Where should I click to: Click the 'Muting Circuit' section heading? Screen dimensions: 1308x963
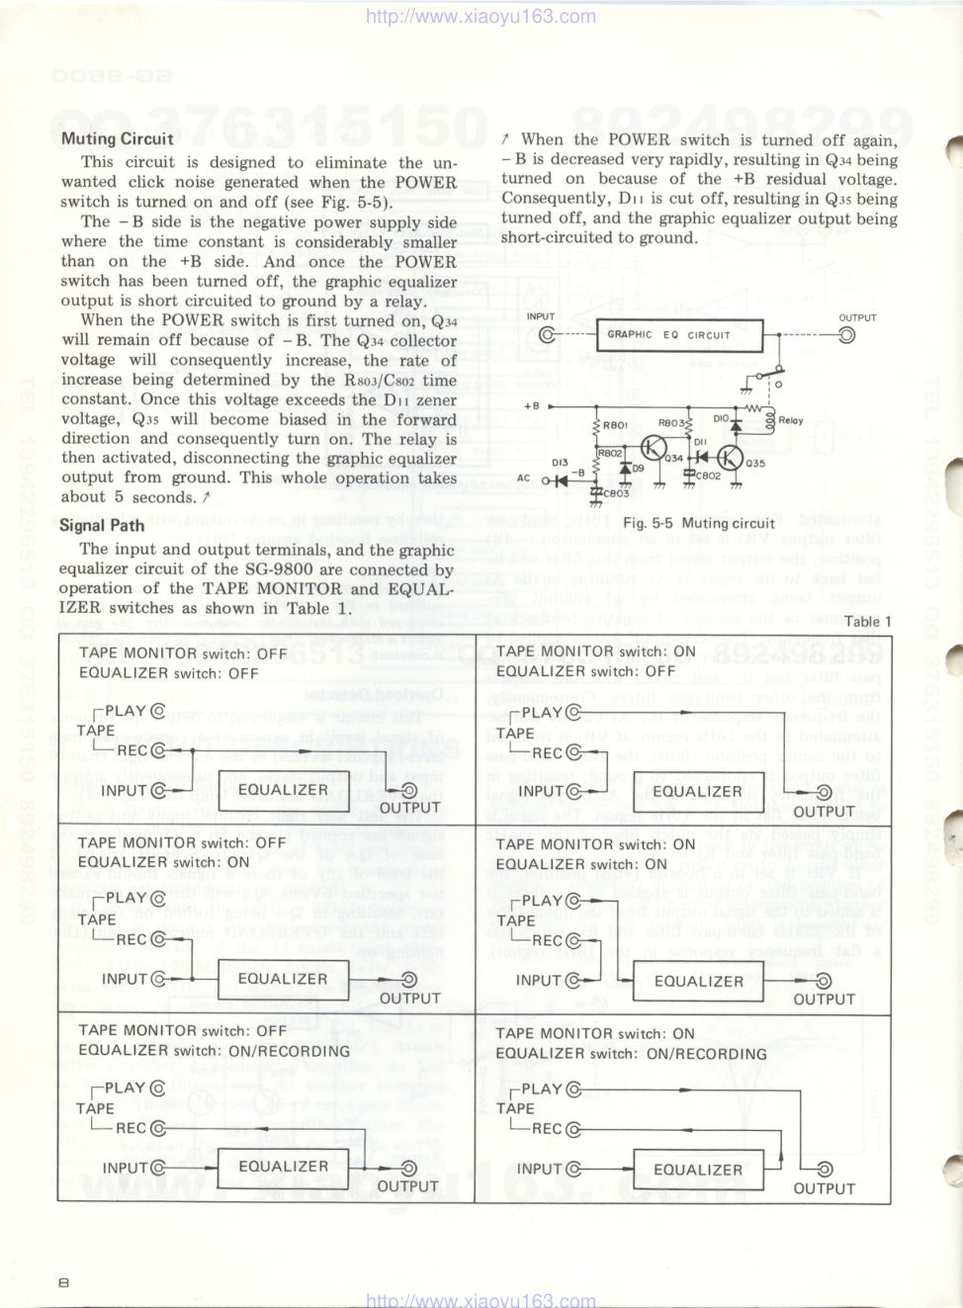117,139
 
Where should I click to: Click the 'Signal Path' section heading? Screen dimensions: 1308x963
102,525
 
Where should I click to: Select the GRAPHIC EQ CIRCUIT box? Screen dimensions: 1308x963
679,335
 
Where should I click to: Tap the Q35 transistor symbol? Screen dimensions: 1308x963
730,458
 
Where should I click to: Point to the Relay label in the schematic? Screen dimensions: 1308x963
791,420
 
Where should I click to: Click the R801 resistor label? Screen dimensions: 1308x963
615,425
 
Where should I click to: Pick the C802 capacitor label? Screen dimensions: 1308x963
708,476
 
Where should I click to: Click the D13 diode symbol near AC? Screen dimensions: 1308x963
560,480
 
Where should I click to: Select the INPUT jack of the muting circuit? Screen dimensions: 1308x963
547,334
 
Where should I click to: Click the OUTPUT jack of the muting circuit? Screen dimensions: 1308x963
846,335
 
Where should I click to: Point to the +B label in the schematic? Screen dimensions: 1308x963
532,406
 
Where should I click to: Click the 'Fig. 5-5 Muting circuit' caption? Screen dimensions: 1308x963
698,523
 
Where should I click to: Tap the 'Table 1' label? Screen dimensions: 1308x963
867,621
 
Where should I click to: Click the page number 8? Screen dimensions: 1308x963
64,1282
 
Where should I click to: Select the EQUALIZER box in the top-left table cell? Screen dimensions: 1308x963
283,790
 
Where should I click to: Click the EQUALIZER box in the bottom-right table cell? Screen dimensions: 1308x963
698,1170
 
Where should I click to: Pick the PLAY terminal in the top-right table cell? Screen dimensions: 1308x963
573,712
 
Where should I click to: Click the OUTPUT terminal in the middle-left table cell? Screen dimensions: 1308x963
408,980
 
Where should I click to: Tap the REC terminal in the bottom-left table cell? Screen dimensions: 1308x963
157,1128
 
